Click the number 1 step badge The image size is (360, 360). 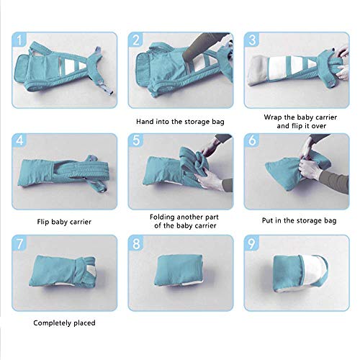pos(19,40)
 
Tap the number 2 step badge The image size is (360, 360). pos(135,40)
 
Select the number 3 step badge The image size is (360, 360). pos(252,40)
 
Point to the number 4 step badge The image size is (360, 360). pos(19,140)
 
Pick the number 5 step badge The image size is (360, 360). pos(135,140)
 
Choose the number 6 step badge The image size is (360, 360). pos(252,140)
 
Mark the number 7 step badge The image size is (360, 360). pos(19,243)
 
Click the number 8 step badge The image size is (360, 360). pos(135,243)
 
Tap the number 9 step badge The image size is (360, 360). pos(252,243)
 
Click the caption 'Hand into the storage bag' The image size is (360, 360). pos(180,122)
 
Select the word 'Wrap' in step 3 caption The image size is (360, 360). pos(272,117)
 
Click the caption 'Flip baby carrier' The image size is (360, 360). pos(64,222)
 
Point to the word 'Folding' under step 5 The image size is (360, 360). pos(163,217)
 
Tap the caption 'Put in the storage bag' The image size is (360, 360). pos(299,221)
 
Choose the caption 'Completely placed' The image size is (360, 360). pos(64,323)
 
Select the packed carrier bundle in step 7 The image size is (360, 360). pos(63,271)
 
